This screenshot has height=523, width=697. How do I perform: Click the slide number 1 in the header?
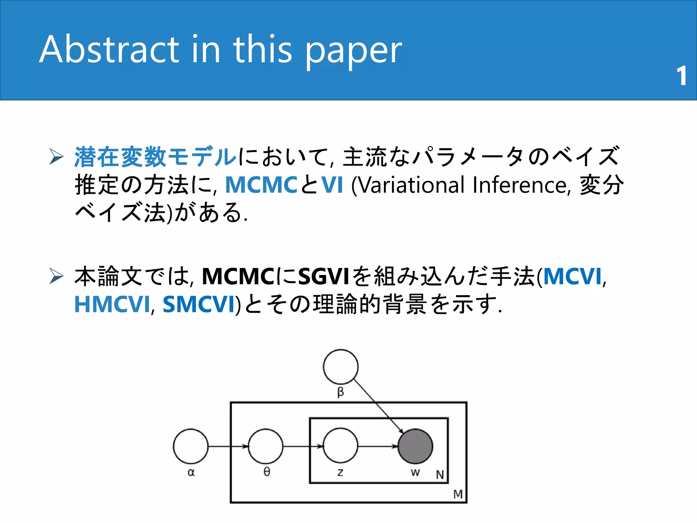tap(681, 76)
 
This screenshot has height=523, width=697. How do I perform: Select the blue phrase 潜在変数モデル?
tap(155, 157)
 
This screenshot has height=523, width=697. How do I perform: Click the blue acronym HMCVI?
tap(112, 304)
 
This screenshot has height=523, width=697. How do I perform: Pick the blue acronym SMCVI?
tap(199, 304)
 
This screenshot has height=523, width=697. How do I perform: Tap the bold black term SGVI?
tap(324, 276)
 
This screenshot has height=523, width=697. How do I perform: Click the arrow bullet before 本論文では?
tap(56, 276)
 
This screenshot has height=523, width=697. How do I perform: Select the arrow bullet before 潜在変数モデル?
tap(56, 157)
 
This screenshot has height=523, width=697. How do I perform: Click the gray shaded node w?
tap(415, 446)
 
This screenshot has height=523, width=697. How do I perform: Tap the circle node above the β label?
tap(340, 367)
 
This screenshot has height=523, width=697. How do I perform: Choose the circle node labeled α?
tap(191, 446)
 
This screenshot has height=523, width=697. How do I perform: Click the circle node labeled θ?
tap(265, 446)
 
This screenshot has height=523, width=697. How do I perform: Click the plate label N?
tap(440, 474)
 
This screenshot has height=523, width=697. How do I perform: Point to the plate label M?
tap(458, 494)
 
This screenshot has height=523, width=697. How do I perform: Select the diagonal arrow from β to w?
tap(378, 406)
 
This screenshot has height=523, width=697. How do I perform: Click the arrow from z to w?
tap(378, 446)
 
